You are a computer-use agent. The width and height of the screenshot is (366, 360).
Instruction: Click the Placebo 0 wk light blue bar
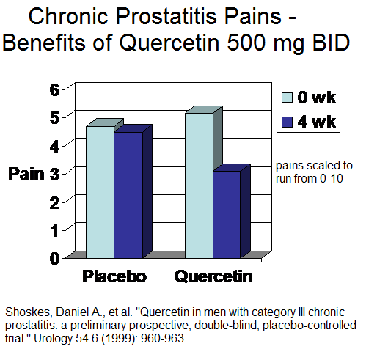[100, 192]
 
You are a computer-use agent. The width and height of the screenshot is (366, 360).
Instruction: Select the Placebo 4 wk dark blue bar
[128, 195]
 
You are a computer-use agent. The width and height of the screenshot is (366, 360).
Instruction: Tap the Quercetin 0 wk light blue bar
[199, 185]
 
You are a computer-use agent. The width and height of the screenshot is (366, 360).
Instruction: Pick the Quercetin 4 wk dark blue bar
[227, 214]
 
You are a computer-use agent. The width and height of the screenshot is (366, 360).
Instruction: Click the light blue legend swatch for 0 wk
[287, 98]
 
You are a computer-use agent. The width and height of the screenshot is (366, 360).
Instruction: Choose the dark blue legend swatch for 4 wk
[287, 122]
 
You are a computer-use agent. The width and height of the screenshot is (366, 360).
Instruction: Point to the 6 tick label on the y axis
[54, 90]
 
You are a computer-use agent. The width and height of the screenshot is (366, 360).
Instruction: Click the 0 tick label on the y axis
[54, 258]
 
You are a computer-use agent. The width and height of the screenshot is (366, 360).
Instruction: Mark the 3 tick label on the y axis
[54, 174]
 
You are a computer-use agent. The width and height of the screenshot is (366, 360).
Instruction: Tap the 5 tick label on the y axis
[54, 118]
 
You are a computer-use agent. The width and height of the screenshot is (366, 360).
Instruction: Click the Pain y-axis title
[26, 174]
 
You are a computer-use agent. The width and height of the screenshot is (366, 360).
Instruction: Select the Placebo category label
[114, 276]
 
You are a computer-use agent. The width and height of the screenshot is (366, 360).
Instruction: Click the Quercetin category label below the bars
[213, 276]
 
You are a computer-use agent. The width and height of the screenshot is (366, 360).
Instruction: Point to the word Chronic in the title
[68, 16]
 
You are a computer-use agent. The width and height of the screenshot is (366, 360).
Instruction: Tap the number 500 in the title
[246, 43]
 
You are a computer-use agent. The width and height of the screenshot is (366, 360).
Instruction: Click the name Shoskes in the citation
[28, 312]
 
